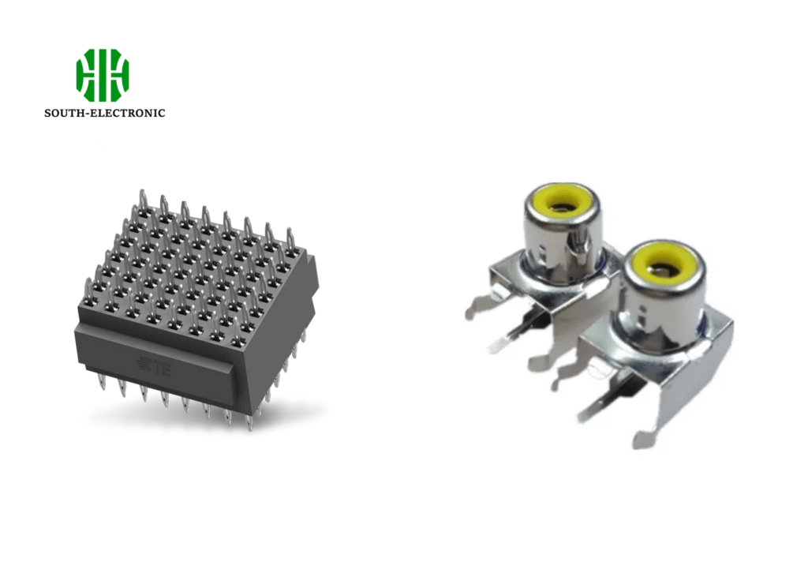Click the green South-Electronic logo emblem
pyautogui.click(x=103, y=75)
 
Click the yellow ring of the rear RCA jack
pyautogui.click(x=562, y=203)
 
